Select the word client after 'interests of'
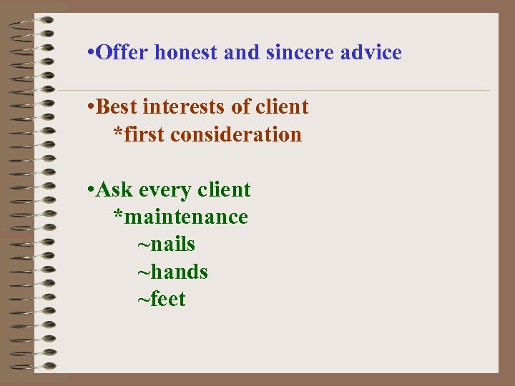click(x=280, y=107)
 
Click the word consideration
click(x=236, y=134)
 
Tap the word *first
click(x=139, y=134)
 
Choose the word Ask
click(x=115, y=190)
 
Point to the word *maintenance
click(x=181, y=217)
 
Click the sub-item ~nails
click(x=166, y=244)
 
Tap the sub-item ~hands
click(x=172, y=272)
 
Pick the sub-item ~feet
click(x=162, y=299)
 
